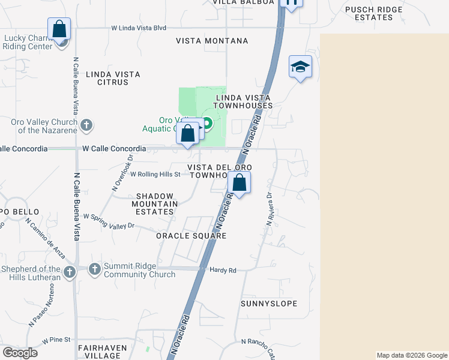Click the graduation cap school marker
point(300,67)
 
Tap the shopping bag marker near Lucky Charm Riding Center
point(59,28)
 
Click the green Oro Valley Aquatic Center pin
point(208,124)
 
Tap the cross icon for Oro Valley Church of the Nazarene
point(86,125)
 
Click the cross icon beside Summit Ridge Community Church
point(95,269)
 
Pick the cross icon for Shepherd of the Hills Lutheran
point(70,272)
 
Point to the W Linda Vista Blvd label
point(139,28)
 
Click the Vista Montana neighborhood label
point(212,41)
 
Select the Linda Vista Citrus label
point(113,78)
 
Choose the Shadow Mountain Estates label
point(155,203)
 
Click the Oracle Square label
point(191,236)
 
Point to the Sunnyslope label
point(269,304)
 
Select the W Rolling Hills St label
point(155,175)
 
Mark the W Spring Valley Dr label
point(109,221)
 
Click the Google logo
point(20,353)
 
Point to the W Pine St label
point(56,340)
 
